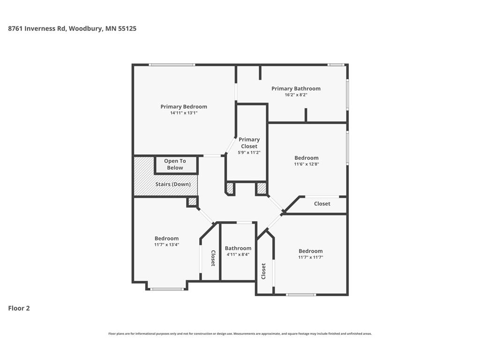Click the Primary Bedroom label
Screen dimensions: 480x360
184,106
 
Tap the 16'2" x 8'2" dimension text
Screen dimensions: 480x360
296,95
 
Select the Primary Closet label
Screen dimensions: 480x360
249,142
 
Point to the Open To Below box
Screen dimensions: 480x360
176,165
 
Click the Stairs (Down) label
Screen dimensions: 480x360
173,184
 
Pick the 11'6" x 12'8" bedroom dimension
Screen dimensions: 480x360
307,164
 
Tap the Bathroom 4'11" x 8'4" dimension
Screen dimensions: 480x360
238,255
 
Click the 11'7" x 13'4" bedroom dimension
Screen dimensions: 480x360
166,245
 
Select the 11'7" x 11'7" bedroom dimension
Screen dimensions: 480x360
310,257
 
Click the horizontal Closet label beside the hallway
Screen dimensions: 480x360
322,203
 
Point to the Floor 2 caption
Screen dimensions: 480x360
19,308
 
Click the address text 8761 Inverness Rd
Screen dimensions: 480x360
37,29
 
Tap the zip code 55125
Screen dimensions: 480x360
127,29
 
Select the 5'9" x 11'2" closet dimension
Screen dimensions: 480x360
249,152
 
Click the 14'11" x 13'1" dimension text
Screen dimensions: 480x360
184,113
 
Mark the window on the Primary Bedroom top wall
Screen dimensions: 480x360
172,65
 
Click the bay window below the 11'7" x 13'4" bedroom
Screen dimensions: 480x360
167,289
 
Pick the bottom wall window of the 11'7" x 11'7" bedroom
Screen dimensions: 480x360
301,295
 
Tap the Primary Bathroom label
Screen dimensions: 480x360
296,89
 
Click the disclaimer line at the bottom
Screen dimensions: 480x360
240,334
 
